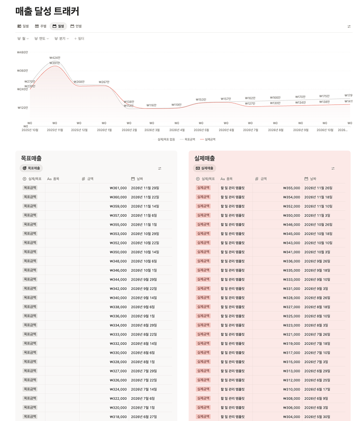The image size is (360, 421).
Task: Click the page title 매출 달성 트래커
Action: (47, 11)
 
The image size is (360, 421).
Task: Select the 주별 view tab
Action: (40, 26)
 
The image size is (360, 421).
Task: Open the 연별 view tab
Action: (76, 26)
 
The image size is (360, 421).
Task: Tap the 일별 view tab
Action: (23, 26)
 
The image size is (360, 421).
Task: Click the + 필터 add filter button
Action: (79, 38)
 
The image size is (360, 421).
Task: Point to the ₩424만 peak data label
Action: (54, 58)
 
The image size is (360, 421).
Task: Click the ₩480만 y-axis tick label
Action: (22, 52)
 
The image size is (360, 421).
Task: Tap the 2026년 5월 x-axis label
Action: (201, 130)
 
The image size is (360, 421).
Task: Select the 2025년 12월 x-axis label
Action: (79, 130)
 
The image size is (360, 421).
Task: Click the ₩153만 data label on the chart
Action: (201, 99)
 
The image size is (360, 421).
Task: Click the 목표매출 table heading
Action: (31, 158)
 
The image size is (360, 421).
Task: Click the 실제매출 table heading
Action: (205, 158)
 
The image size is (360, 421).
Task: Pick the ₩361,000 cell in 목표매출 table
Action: (118, 188)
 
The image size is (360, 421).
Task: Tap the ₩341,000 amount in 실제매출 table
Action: (291, 252)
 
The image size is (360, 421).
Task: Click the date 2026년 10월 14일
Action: (145, 252)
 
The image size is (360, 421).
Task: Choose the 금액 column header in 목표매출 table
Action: (90, 179)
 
